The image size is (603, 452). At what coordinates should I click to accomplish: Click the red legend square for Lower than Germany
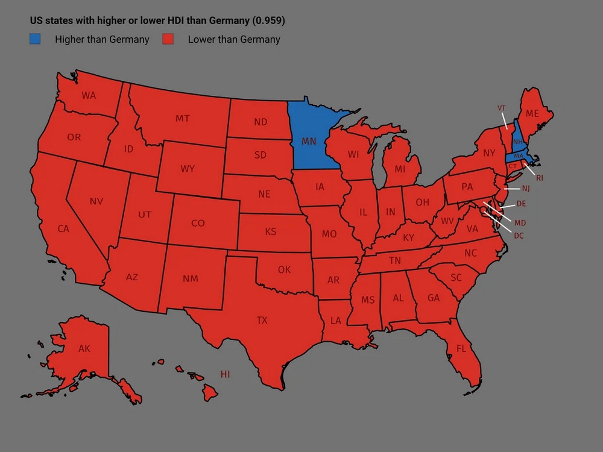(x=168, y=40)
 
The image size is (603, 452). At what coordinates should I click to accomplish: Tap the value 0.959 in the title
(x=268, y=20)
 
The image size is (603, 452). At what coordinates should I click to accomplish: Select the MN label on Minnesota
(x=309, y=141)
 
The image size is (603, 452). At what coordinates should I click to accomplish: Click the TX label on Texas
(x=262, y=320)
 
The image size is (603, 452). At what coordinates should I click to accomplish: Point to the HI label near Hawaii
(x=225, y=374)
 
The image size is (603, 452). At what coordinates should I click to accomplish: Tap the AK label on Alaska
(x=84, y=348)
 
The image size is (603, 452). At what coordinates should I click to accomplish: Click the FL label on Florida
(x=461, y=348)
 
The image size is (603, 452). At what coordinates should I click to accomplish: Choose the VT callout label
(x=501, y=108)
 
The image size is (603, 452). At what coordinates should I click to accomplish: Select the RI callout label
(x=540, y=178)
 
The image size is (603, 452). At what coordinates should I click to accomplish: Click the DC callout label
(x=519, y=236)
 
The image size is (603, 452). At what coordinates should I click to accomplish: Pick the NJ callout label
(x=525, y=189)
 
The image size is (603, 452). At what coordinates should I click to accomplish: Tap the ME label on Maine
(x=532, y=113)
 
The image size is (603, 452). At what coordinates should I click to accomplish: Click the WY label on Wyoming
(x=188, y=169)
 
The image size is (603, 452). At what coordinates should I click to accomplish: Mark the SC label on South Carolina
(x=456, y=277)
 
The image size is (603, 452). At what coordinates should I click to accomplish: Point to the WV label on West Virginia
(x=447, y=221)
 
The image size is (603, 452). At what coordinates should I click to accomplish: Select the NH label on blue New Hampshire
(x=518, y=142)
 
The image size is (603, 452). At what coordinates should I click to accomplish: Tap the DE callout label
(x=521, y=204)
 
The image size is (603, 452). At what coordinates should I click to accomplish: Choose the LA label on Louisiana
(x=336, y=321)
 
